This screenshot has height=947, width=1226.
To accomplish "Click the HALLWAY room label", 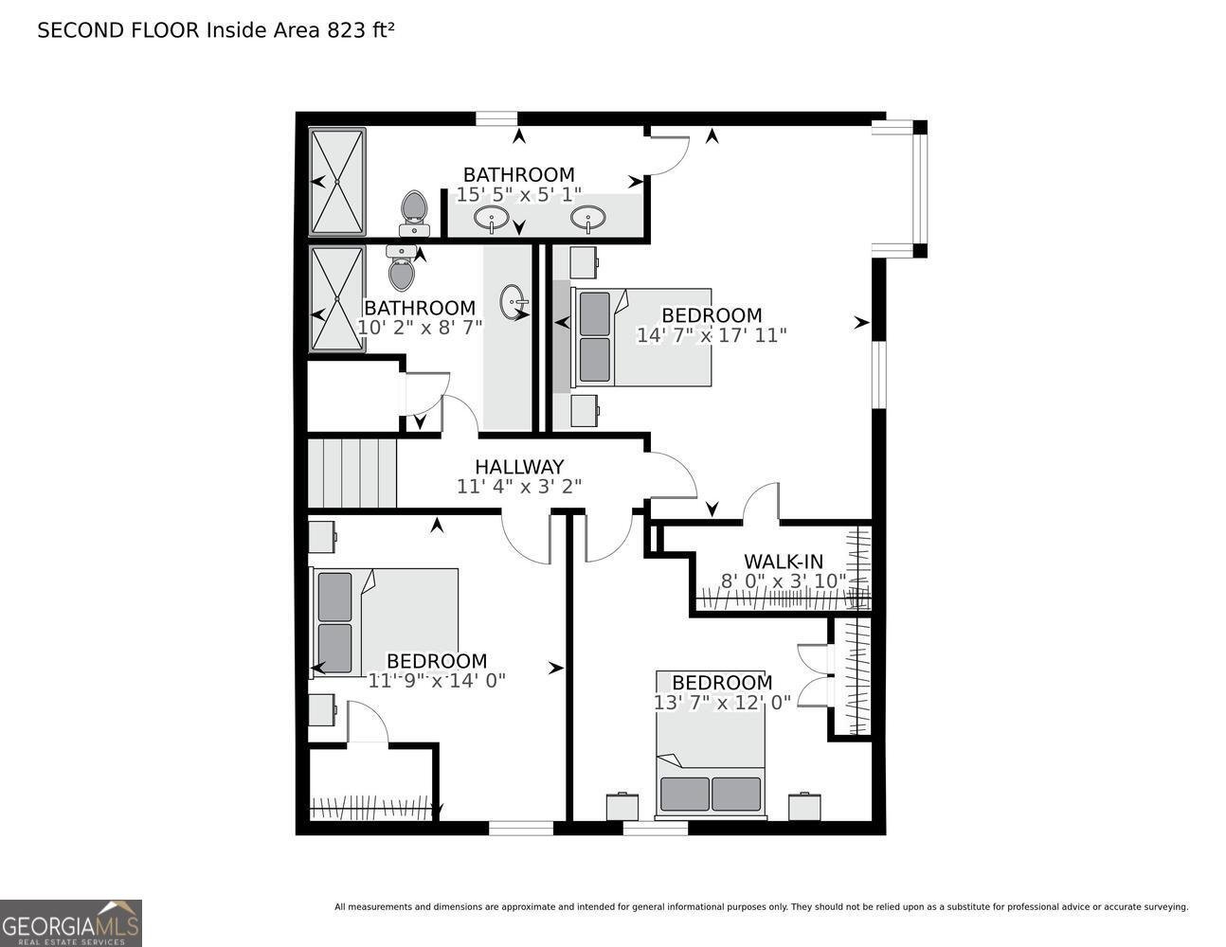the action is [519, 467].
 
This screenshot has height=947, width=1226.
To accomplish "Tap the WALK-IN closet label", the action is [784, 562].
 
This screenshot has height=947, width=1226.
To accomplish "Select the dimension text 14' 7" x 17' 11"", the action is [711, 335].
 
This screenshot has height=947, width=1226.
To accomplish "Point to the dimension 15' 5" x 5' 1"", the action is [518, 194].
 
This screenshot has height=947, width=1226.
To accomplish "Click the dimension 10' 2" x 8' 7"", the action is [420, 327].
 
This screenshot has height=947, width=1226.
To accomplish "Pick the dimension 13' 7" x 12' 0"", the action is [722, 703].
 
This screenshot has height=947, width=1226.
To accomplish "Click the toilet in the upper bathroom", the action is [414, 214].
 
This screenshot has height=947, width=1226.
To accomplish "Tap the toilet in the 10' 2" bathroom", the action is [402, 268].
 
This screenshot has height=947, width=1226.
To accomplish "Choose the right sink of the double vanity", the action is [588, 219].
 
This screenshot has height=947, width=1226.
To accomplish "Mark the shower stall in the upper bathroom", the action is [337, 182].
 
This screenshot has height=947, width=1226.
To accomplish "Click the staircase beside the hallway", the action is [352, 473].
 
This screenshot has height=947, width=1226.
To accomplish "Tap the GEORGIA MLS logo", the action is [70, 923].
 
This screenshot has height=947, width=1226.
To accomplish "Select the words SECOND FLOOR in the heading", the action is [118, 31].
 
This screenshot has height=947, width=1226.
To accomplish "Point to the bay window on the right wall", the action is [899, 189].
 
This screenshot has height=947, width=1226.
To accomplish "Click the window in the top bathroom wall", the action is [496, 119].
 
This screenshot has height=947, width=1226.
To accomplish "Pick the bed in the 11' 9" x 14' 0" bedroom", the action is [385, 622].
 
